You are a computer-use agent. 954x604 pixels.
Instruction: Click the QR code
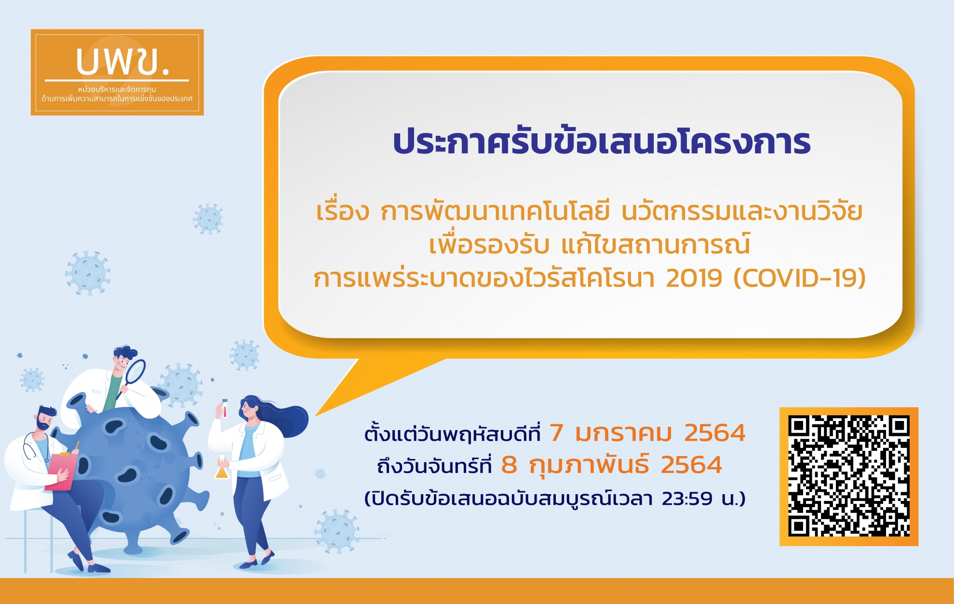click(848, 476)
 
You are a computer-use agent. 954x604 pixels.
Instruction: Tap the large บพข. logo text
click(123, 62)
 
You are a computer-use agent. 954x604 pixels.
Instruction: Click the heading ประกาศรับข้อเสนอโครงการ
click(602, 143)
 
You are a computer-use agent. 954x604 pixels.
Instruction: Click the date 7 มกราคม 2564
click(647, 433)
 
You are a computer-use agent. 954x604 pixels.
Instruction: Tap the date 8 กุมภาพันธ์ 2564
click(611, 465)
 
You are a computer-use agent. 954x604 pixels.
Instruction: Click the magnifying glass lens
click(135, 371)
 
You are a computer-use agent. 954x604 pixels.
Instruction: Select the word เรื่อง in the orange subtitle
click(342, 212)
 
